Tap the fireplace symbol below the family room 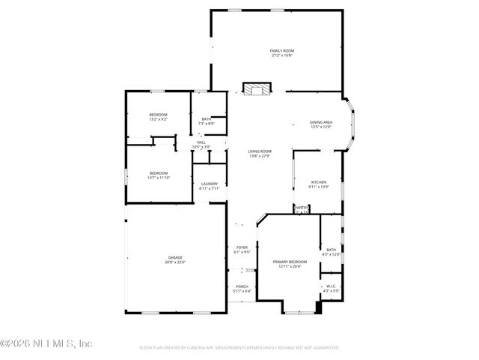point(255,89)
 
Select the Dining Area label point(321,122)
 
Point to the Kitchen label point(320,182)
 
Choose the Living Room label point(260,151)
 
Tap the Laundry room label point(209,184)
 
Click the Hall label point(201,142)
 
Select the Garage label point(175,257)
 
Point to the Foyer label point(242,247)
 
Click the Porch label point(242,286)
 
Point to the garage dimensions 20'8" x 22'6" point(175,262)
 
